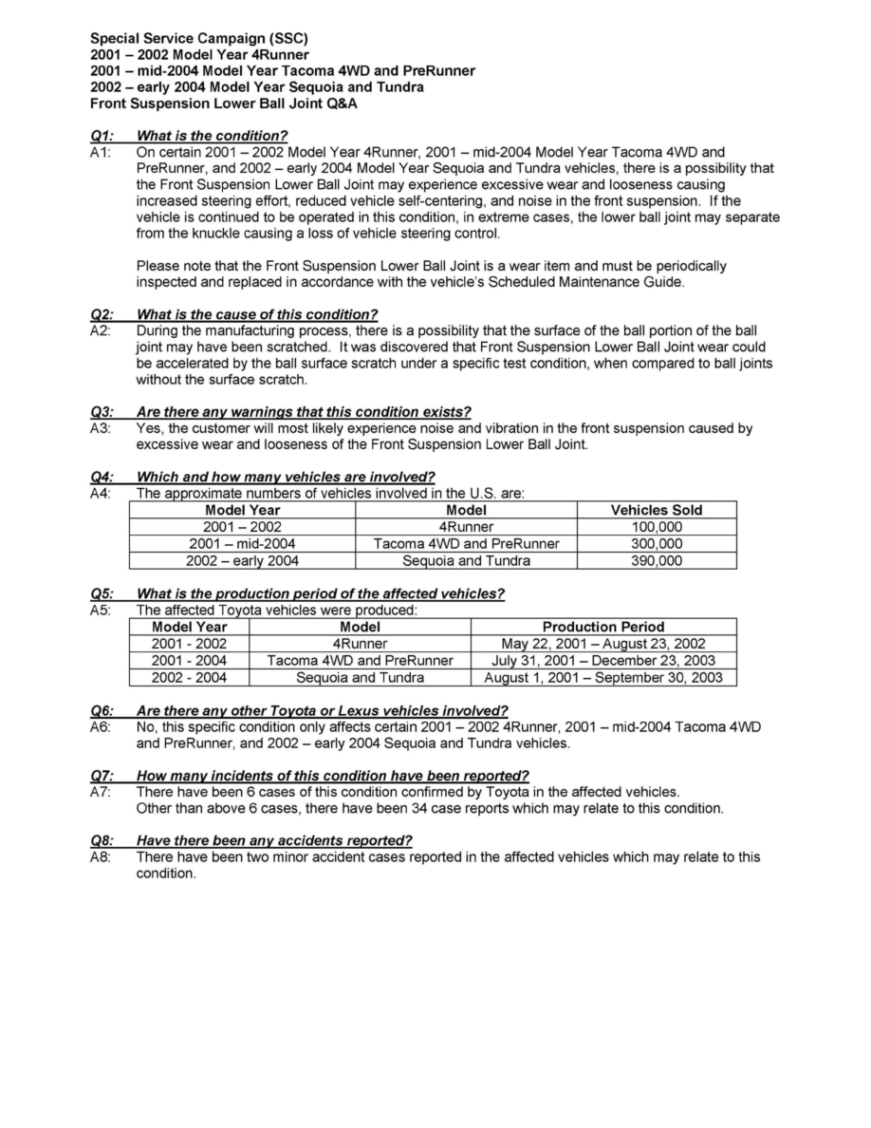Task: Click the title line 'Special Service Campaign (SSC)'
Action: (x=198, y=39)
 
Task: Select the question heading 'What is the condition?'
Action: (x=212, y=135)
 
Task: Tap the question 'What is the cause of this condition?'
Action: (x=257, y=314)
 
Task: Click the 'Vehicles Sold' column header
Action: (x=656, y=510)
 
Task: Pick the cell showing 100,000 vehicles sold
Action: (x=656, y=527)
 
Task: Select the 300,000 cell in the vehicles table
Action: (x=656, y=544)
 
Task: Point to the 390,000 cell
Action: (x=656, y=561)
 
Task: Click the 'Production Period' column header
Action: (x=602, y=627)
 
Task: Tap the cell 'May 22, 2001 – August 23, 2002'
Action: (x=602, y=644)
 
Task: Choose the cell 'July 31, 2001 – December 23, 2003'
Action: (x=602, y=661)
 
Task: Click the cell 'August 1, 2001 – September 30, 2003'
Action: (x=602, y=678)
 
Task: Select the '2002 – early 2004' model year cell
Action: (x=242, y=561)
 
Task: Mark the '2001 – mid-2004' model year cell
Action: (x=242, y=544)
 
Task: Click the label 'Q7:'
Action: (x=102, y=776)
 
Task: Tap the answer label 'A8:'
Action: (x=101, y=857)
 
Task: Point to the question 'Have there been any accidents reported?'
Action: (x=274, y=841)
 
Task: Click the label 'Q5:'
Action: (x=102, y=594)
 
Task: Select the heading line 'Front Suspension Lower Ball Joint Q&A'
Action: (x=223, y=103)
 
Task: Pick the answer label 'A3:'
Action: (x=101, y=428)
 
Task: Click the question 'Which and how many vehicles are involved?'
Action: (x=286, y=477)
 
